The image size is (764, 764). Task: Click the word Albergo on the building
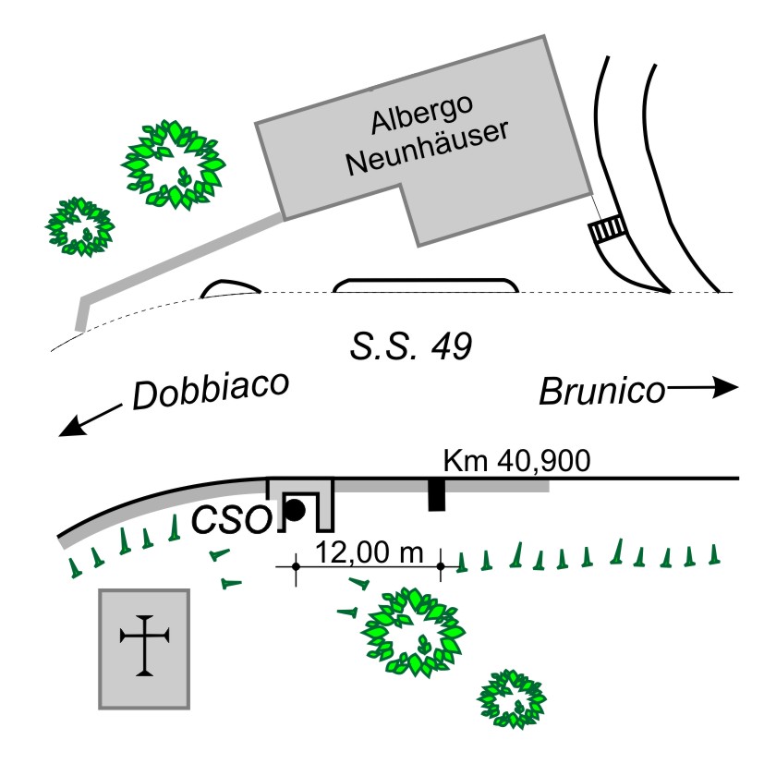coord(422,114)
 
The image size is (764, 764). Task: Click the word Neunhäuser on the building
coord(428,147)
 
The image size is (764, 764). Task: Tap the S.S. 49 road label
coord(411,346)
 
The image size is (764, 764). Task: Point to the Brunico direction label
coord(602,392)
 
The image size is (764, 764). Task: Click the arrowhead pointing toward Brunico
coord(726,387)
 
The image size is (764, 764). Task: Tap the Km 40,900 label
coord(516,460)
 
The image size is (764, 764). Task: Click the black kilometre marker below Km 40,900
coord(437,495)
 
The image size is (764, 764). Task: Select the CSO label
coord(232,519)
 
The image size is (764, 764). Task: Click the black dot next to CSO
coord(295,510)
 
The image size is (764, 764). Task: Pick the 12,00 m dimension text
coord(370,552)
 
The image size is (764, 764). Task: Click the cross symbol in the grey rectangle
coord(144,645)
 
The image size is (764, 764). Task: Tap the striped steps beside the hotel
coord(607,228)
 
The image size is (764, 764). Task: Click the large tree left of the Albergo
coord(173,164)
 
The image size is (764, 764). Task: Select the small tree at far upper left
coord(79,227)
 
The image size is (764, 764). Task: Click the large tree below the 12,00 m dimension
coord(413,633)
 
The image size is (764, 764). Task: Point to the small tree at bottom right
coord(512,699)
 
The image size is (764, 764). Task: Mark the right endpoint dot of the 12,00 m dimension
coord(441,566)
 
